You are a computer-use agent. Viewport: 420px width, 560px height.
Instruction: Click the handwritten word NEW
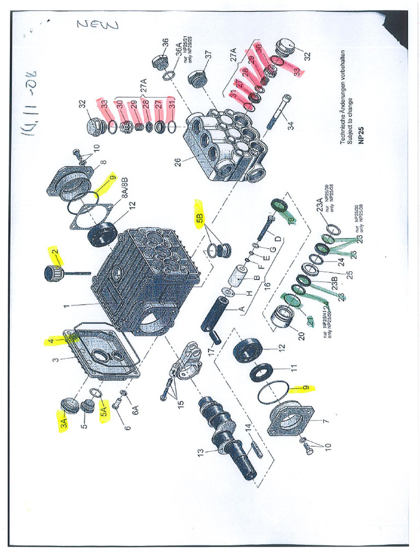point(97,24)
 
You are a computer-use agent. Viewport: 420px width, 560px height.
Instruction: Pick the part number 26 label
point(178,162)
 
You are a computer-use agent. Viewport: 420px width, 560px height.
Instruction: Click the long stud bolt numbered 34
point(279,112)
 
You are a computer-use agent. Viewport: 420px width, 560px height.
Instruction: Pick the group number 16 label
point(266,285)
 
